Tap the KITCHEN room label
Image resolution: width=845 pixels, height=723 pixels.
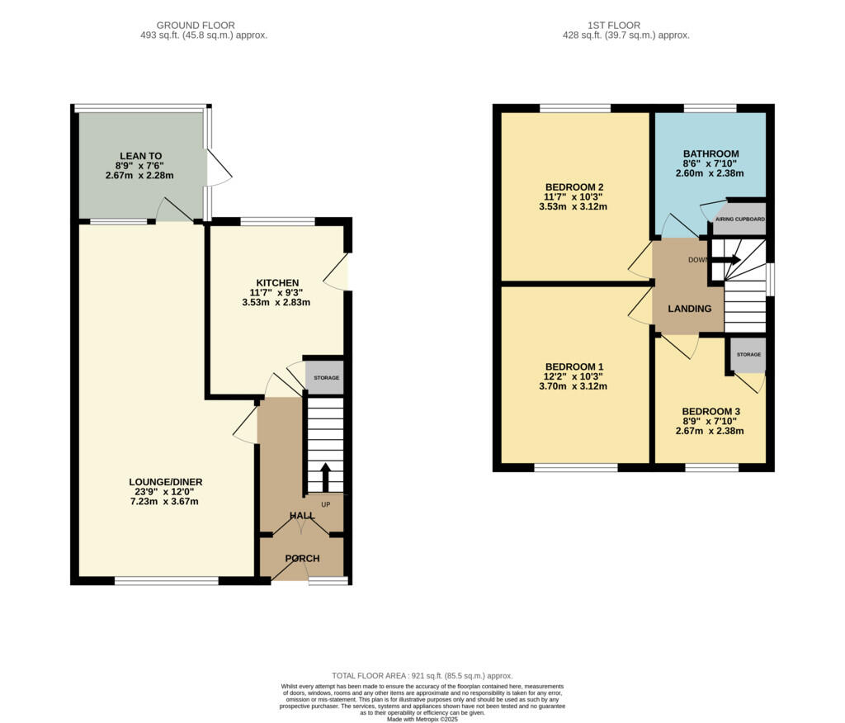(276, 283)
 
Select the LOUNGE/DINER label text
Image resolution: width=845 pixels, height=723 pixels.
(165, 482)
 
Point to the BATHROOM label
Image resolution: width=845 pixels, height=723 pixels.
(710, 154)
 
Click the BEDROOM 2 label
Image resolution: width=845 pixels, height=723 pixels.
(574, 187)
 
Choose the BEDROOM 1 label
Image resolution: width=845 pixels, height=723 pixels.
(574, 366)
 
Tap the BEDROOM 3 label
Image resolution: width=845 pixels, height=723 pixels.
(710, 412)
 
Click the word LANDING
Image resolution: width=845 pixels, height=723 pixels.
(689, 309)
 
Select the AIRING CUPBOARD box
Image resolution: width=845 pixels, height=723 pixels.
(739, 220)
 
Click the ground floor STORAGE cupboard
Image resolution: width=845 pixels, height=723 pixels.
(325, 378)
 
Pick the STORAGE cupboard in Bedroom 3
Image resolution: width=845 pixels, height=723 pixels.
(748, 355)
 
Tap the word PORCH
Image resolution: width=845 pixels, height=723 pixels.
(302, 559)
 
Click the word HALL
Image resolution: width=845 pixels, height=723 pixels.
(301, 515)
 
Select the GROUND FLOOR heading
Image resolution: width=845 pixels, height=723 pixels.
(196, 26)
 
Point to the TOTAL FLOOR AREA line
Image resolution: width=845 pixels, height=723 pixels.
(422, 675)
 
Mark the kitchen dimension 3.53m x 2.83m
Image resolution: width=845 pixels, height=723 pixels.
(276, 303)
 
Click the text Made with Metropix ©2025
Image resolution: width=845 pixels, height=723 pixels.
(422, 720)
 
